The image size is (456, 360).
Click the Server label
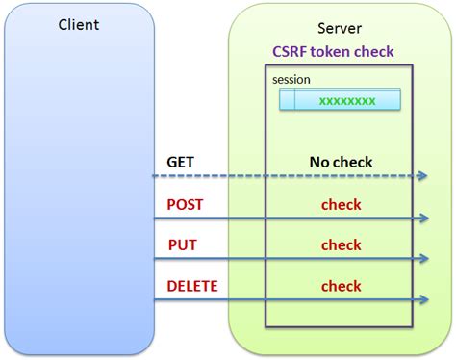pyautogui.click(x=340, y=29)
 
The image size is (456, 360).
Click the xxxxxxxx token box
pyautogui.click(x=340, y=100)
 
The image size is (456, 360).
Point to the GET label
pyautogui.click(x=181, y=163)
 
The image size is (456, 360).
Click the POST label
pyautogui.click(x=185, y=204)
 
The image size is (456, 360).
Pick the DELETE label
pyautogui.click(x=192, y=286)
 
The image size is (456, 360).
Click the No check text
pyautogui.click(x=341, y=163)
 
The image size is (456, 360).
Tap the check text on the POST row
pyautogui.click(x=341, y=204)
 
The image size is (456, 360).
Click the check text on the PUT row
pyautogui.click(x=341, y=244)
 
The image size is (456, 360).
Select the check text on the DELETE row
pyautogui.click(x=341, y=286)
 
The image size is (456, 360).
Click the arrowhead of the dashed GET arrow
pyautogui.click(x=423, y=176)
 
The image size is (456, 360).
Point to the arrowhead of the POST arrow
pyautogui.click(x=423, y=219)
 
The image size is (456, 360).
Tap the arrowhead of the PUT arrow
pyautogui.click(x=423, y=259)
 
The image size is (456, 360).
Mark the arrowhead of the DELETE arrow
pyautogui.click(x=423, y=300)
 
